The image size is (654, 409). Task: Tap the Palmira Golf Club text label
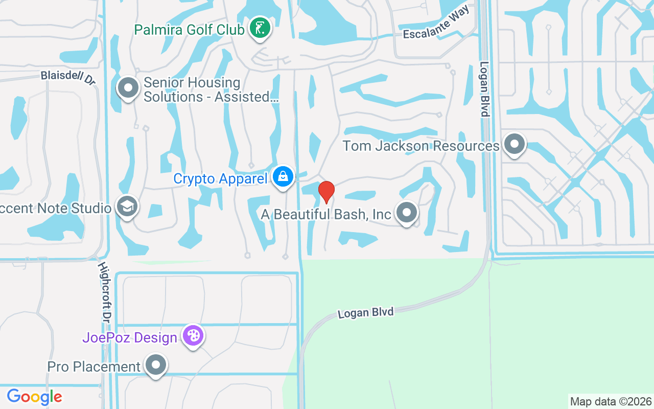click(189, 30)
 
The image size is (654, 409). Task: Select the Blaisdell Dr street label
click(68, 78)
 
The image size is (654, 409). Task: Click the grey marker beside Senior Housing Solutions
click(128, 88)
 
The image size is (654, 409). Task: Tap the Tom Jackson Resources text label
click(421, 146)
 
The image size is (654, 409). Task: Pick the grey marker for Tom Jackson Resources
click(514, 144)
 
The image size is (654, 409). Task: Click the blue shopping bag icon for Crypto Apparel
click(282, 176)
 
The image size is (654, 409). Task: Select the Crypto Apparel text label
click(220, 179)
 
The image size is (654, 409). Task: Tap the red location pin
click(326, 192)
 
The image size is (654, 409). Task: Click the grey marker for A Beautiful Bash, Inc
click(407, 212)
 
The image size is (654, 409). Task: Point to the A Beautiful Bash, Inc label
click(326, 214)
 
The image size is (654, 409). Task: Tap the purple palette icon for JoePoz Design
click(193, 336)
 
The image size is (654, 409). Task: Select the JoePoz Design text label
click(130, 338)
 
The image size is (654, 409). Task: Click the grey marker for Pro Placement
click(156, 365)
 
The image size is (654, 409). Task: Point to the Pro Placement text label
click(94, 367)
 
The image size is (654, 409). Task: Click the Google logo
click(34, 397)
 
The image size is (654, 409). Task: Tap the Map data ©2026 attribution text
click(611, 401)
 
